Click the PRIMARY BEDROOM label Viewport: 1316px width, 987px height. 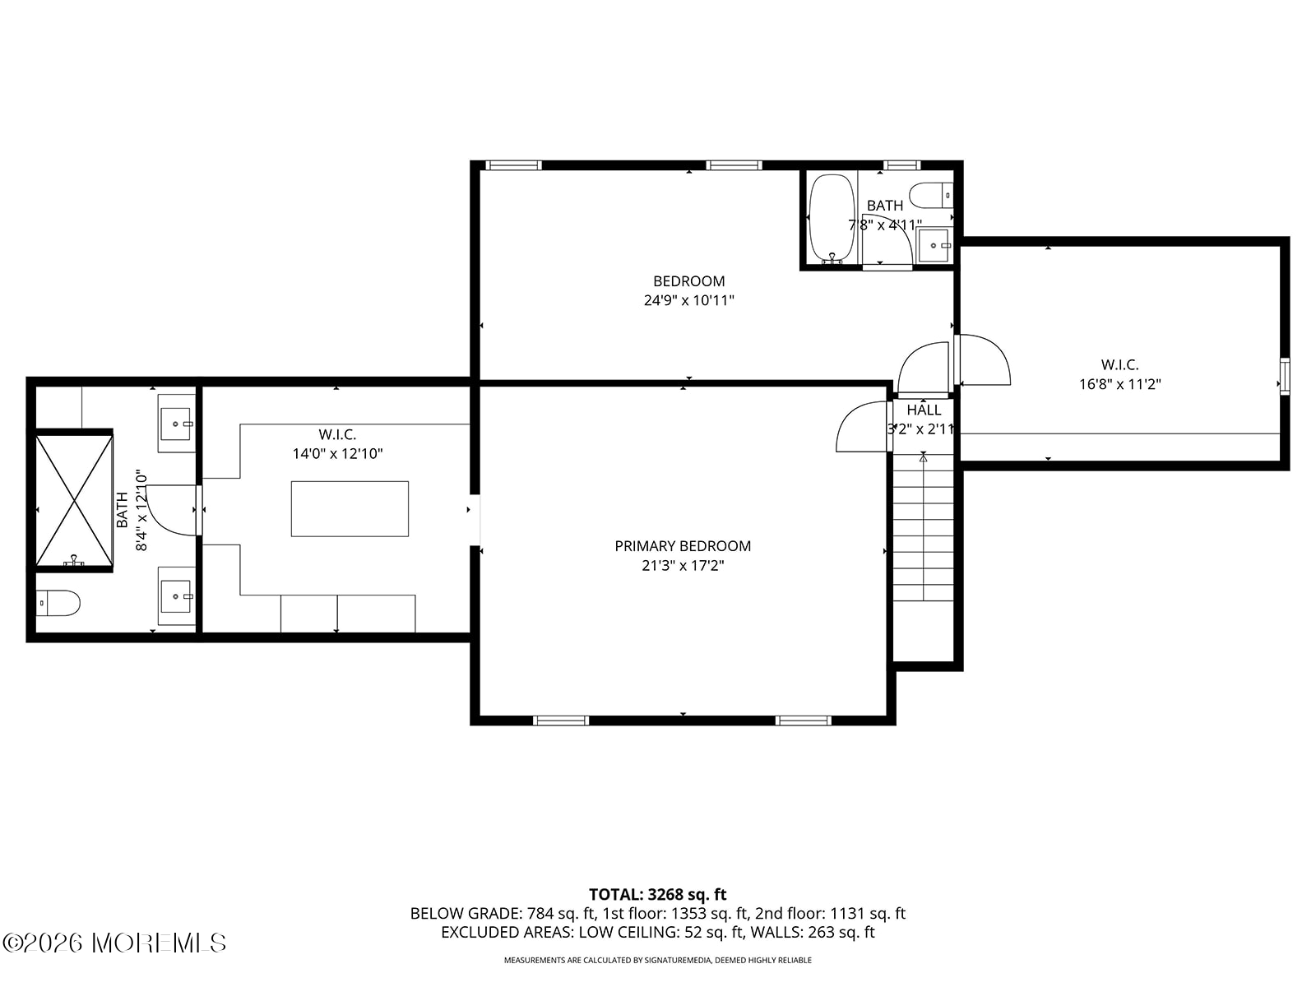[683, 546]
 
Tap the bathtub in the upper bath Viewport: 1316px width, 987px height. [832, 219]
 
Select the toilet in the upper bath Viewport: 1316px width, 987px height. [931, 196]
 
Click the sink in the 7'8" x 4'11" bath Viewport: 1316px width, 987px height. [934, 245]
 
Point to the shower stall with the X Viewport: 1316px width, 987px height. [74, 500]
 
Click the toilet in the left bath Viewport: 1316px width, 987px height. [58, 603]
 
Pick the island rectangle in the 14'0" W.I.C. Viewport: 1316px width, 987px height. [350, 509]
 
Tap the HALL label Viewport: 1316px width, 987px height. [924, 410]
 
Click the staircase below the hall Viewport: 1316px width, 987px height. [924, 527]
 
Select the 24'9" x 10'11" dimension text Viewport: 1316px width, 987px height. [689, 300]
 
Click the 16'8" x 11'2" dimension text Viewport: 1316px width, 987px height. [1120, 384]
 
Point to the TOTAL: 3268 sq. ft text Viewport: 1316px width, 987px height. [658, 895]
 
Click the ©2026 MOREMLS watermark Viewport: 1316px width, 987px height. [114, 943]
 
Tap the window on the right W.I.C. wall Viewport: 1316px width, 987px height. [1285, 377]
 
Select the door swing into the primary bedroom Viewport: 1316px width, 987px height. [862, 427]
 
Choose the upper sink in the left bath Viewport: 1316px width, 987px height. [176, 423]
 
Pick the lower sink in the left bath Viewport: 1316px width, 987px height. [176, 595]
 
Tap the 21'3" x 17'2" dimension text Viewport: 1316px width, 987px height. [683, 565]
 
